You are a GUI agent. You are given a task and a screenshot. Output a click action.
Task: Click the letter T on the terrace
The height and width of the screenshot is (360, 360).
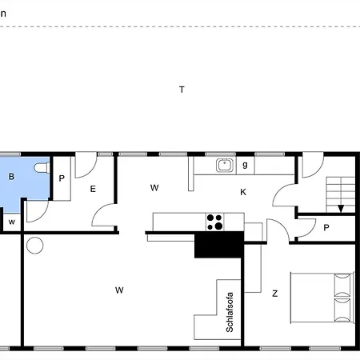click(182, 90)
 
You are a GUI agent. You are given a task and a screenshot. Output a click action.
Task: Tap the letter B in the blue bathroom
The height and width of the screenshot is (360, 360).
click(11, 177)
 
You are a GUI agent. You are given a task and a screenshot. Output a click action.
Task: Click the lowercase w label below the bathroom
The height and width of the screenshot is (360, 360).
click(12, 221)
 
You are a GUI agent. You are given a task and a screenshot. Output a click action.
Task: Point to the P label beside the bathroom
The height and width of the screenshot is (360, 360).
click(62, 178)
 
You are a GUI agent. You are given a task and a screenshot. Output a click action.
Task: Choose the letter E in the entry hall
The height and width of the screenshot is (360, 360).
click(93, 189)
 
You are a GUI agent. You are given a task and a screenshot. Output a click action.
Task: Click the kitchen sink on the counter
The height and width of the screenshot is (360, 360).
click(225, 166)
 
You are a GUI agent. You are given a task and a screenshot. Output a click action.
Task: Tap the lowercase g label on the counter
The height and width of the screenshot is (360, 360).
click(245, 165)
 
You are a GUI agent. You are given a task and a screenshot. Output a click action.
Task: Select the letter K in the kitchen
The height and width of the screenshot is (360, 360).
click(243, 192)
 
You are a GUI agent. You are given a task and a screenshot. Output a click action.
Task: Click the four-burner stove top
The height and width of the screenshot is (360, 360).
click(214, 221)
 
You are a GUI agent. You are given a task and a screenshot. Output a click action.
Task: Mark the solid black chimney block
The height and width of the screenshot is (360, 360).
click(218, 245)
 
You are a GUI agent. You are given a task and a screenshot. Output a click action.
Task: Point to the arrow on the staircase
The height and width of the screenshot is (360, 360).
click(341, 206)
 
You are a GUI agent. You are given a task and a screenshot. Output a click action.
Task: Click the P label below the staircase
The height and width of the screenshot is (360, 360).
click(326, 227)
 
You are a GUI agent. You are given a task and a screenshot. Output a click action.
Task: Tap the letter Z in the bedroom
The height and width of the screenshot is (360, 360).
click(274, 294)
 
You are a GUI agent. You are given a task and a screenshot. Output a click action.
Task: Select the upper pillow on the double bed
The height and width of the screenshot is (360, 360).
click(343, 282)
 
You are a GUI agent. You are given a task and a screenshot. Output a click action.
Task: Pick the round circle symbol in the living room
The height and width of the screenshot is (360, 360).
click(34, 246)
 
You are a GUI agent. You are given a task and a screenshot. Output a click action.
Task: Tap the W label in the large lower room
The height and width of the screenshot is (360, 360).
click(118, 290)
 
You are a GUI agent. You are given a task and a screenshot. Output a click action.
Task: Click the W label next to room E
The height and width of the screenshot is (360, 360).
click(154, 187)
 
